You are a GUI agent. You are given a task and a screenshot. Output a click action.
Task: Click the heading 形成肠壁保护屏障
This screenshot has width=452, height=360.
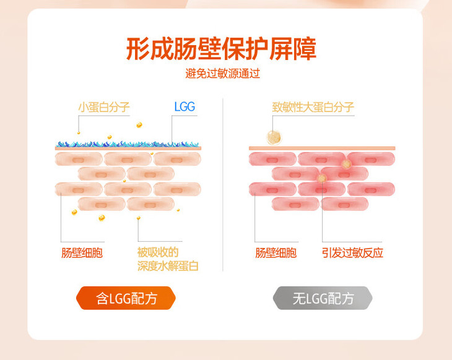221,48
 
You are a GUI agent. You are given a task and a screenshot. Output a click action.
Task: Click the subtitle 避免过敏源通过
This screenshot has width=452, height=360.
222,74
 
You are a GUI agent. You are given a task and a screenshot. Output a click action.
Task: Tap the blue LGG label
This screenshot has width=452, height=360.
185,107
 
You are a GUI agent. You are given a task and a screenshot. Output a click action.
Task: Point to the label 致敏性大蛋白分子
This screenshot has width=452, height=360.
313,107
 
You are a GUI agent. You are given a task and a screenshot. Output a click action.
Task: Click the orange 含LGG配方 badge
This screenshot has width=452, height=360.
126,299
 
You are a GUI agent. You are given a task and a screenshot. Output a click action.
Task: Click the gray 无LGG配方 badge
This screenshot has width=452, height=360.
323,299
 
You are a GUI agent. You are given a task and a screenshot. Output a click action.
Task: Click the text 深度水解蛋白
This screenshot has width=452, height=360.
172,267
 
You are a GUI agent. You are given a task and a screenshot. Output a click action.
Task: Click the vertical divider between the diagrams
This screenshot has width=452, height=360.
223,186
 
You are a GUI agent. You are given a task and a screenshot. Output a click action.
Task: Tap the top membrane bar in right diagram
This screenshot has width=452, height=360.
321,148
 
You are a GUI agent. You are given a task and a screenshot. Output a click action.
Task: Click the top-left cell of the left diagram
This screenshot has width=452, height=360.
78,159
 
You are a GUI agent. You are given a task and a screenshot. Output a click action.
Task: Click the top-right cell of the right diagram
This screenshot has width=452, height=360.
370,159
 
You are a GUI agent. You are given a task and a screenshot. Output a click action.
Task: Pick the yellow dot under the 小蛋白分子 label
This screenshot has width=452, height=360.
79,132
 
